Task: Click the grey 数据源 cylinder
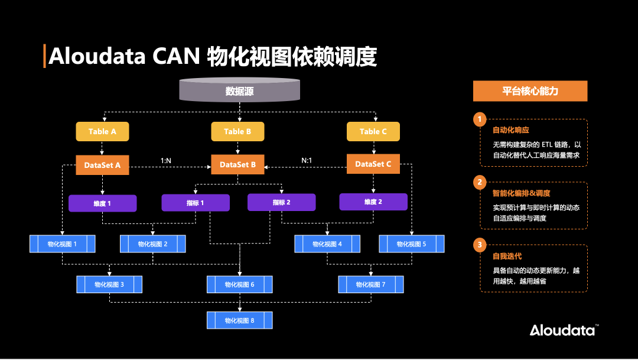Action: (x=239, y=90)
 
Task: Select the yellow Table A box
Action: (x=102, y=131)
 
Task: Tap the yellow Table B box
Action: (x=238, y=131)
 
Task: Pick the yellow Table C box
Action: (x=373, y=131)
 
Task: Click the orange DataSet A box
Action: (x=102, y=165)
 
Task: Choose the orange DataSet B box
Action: (x=238, y=165)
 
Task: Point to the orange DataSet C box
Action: (x=373, y=164)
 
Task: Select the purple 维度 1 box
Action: (x=102, y=203)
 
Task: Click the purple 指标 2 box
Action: (x=281, y=203)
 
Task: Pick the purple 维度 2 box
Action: (x=373, y=202)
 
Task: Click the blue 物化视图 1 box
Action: (x=63, y=244)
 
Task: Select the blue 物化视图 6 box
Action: (x=239, y=284)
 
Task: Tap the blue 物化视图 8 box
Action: (x=239, y=320)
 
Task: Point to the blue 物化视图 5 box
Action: (x=411, y=244)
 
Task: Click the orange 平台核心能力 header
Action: (x=530, y=91)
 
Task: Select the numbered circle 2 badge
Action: (x=480, y=181)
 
